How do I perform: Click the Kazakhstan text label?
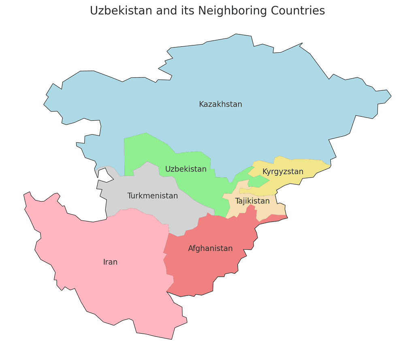pyautogui.click(x=220, y=104)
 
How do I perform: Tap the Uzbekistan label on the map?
pyautogui.click(x=186, y=169)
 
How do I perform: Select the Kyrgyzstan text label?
pyautogui.click(x=283, y=171)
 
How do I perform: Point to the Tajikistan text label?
pyautogui.click(x=252, y=201)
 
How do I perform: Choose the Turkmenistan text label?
pyautogui.click(x=152, y=196)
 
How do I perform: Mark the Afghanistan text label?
pyautogui.click(x=210, y=249)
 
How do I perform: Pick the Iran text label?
pyautogui.click(x=110, y=262)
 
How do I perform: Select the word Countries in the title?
pyautogui.click(x=300, y=11)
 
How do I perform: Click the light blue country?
pyautogui.click(x=243, y=81)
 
